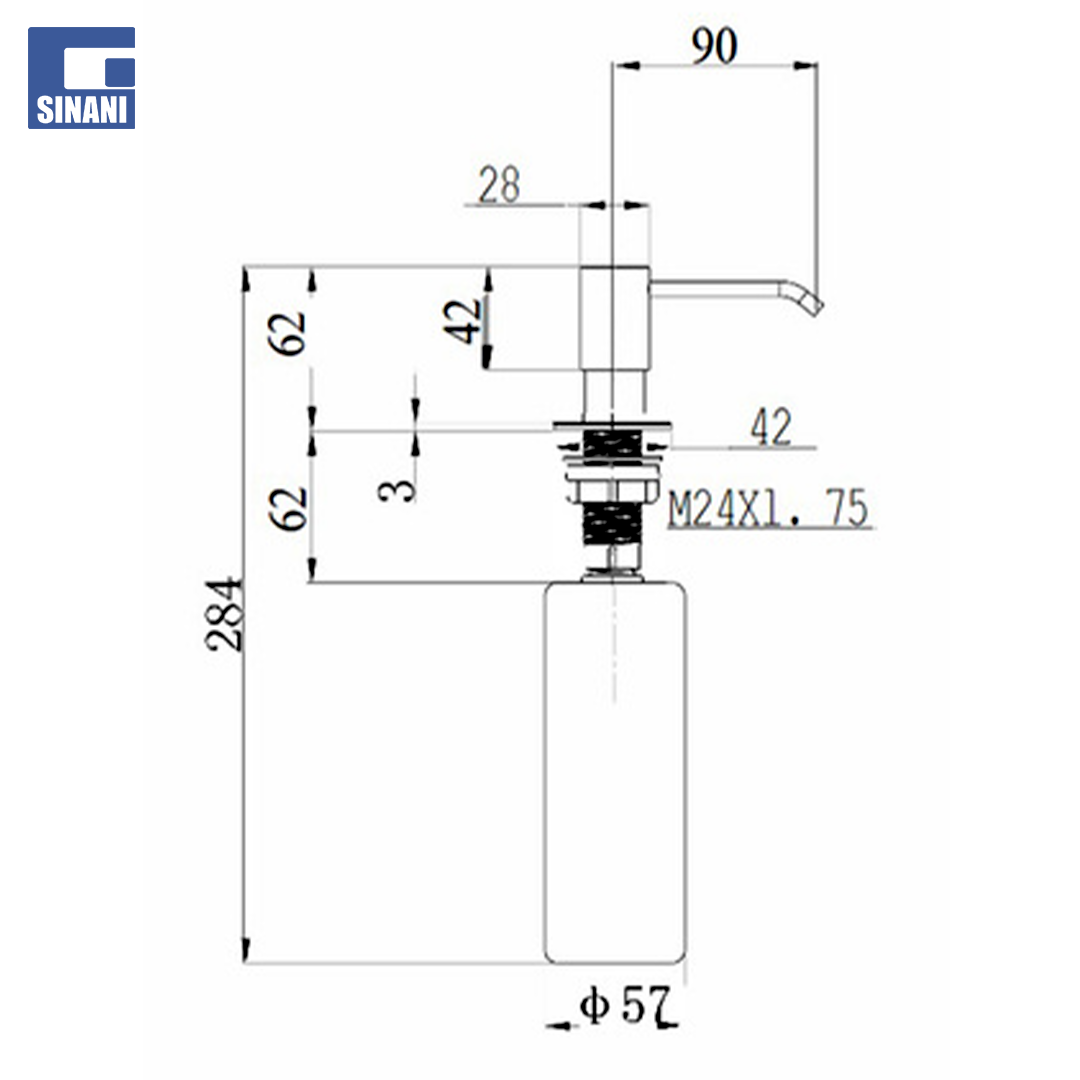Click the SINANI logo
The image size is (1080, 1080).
[81, 78]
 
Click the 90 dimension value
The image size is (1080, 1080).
[714, 46]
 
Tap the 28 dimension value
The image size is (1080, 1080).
[499, 185]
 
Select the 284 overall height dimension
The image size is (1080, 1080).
[225, 614]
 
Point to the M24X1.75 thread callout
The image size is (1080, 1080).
[768, 508]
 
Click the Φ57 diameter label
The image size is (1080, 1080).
[625, 1005]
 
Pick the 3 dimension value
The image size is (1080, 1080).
[397, 490]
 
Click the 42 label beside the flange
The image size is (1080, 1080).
[771, 427]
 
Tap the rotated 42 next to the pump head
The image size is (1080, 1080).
[464, 322]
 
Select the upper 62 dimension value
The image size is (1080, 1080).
[287, 333]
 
